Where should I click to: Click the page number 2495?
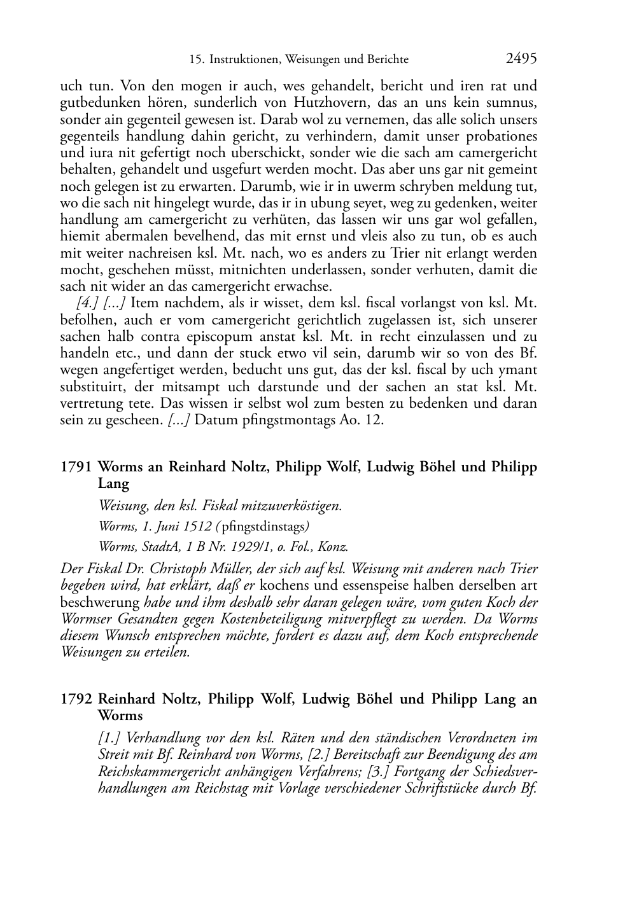521,59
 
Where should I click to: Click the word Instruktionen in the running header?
244,60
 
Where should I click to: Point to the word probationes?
501,136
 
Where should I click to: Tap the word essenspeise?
346,585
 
